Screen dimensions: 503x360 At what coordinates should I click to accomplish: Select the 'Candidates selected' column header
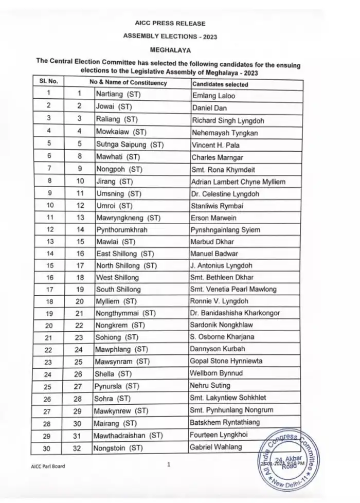220,84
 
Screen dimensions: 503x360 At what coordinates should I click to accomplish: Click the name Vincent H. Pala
215,146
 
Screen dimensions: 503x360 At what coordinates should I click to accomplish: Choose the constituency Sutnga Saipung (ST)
130,146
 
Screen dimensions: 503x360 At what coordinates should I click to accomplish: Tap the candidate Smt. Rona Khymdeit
224,170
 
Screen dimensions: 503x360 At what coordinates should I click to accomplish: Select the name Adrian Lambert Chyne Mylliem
238,182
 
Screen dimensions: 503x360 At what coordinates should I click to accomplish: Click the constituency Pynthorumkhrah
121,230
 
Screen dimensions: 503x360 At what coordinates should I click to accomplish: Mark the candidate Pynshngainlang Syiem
230,230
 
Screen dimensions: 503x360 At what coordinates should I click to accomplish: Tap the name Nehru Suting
210,386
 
